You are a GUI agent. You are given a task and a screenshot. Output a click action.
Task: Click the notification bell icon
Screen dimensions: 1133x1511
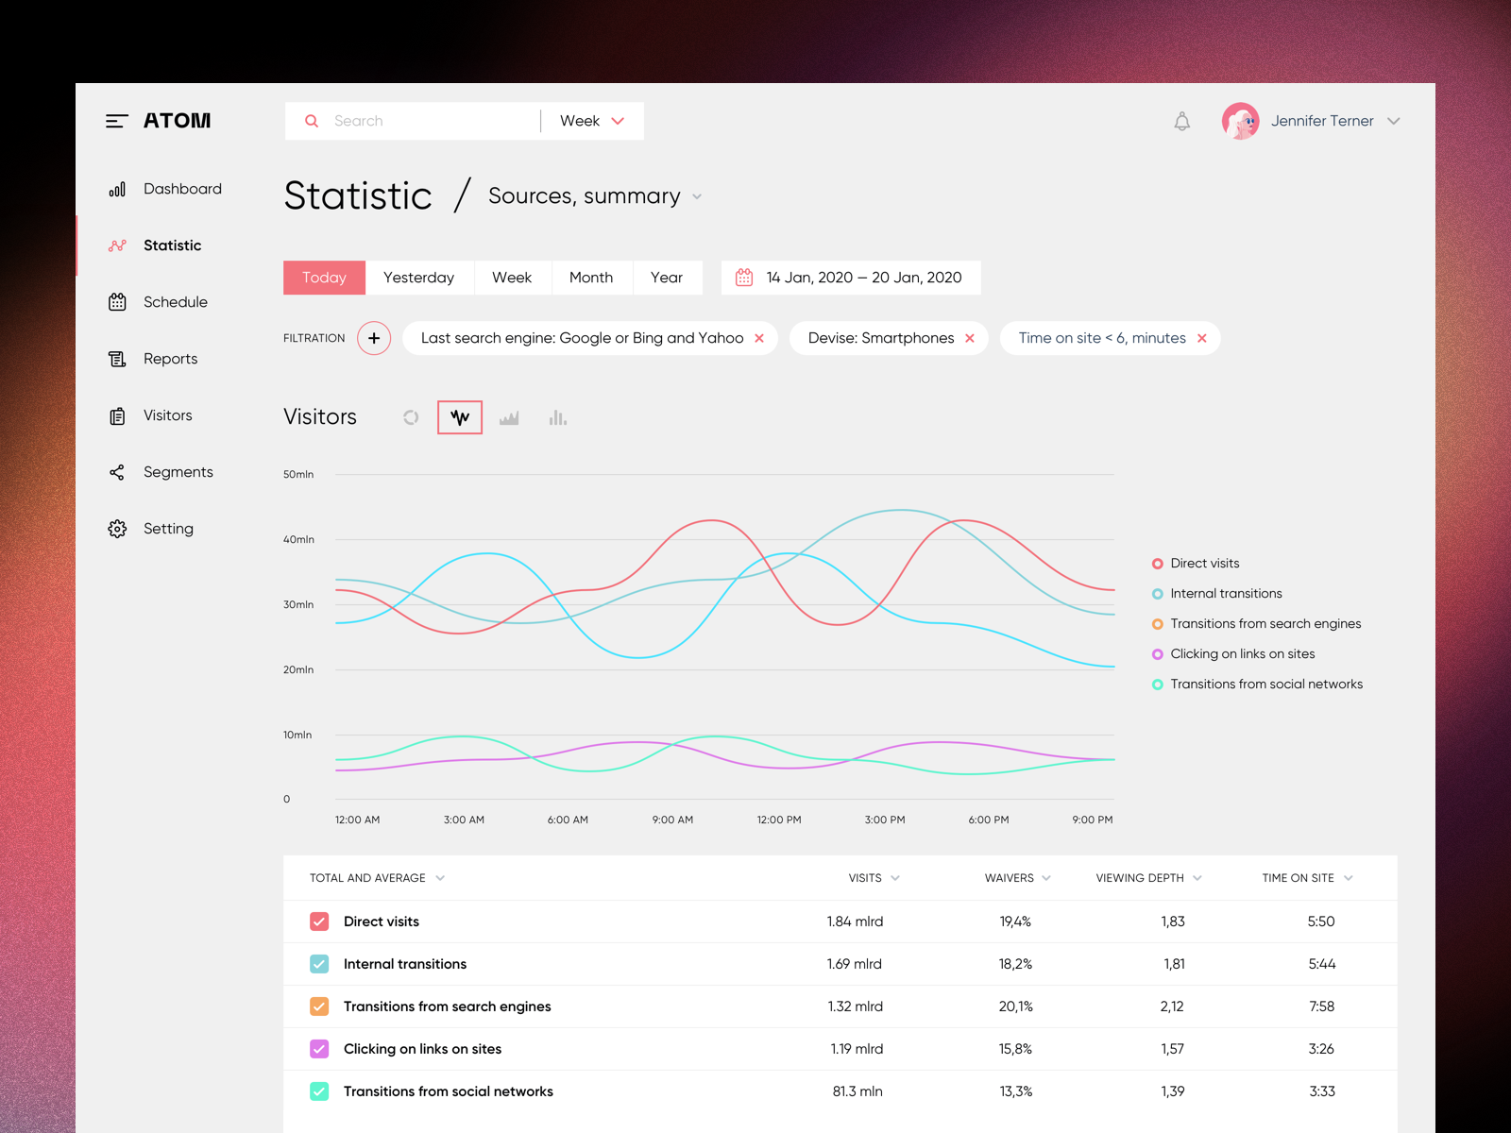pyautogui.click(x=1181, y=121)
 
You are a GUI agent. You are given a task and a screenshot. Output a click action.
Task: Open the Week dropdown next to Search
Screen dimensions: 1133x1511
pyautogui.click(x=592, y=121)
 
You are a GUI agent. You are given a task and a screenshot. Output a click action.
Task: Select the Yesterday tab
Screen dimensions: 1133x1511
pyautogui.click(x=418, y=278)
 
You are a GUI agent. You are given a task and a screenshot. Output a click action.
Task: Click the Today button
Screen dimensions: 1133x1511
pyautogui.click(x=324, y=278)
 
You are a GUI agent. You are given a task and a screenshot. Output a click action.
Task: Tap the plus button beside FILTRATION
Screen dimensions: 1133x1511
pyautogui.click(x=374, y=338)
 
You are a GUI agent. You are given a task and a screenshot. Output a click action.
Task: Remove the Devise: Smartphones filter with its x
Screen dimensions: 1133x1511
pyautogui.click(x=970, y=338)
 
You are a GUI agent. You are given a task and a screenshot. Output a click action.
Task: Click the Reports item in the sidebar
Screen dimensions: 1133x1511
pyautogui.click(x=170, y=359)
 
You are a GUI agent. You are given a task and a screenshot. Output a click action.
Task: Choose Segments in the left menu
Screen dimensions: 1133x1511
pyautogui.click(x=178, y=472)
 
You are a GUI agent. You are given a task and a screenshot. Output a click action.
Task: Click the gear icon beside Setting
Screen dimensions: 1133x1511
pyautogui.click(x=117, y=529)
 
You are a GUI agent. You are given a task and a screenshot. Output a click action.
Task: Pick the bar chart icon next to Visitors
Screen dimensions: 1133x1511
pyautogui.click(x=557, y=417)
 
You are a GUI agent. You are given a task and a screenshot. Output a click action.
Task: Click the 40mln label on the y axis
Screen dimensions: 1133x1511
pyautogui.click(x=298, y=539)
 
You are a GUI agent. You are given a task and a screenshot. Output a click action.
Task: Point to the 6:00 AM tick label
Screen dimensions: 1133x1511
pyautogui.click(x=568, y=820)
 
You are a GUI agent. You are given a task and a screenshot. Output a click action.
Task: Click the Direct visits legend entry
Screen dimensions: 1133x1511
pyautogui.click(x=1204, y=563)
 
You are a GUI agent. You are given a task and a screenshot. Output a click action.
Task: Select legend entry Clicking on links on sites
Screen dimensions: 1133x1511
pyautogui.click(x=1242, y=653)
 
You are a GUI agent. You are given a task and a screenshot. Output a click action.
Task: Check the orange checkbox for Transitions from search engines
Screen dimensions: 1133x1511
pyautogui.click(x=319, y=1006)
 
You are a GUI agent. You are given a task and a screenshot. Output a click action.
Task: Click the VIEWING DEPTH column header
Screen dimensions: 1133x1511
pyautogui.click(x=1140, y=878)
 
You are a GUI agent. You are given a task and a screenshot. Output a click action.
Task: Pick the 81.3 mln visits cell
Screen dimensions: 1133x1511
pyautogui.click(x=857, y=1091)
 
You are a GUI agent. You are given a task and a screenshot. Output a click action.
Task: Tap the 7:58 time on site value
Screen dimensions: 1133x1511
pyautogui.click(x=1321, y=1006)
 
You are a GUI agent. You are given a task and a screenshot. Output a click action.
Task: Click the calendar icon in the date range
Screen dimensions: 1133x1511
pyautogui.click(x=744, y=278)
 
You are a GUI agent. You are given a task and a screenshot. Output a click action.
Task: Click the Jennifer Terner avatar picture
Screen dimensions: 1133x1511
pyautogui.click(x=1240, y=121)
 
